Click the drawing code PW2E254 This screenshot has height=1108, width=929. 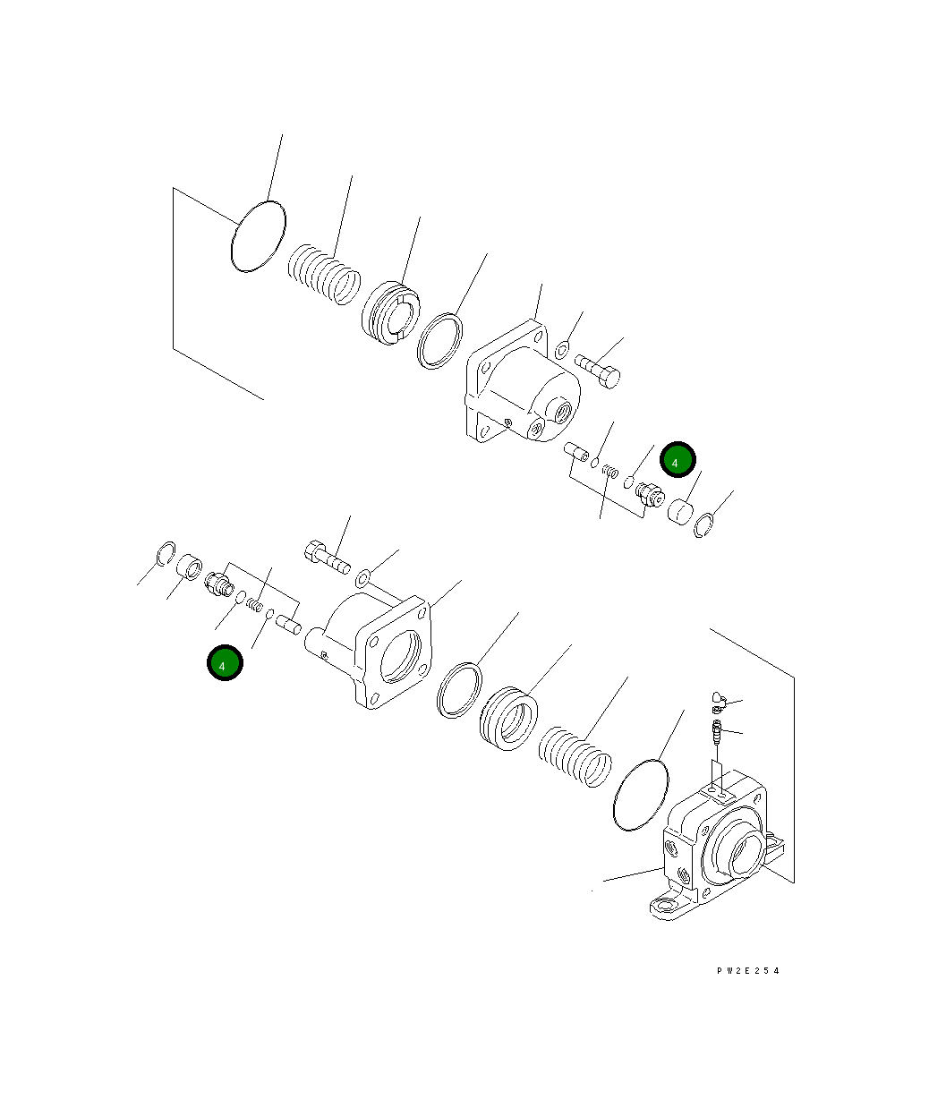pos(747,970)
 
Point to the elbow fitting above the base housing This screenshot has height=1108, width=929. pos(719,698)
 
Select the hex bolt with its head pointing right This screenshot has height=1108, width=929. pos(598,371)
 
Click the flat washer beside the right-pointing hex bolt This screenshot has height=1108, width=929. pos(561,349)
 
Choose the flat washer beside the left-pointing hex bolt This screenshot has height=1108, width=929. pos(362,577)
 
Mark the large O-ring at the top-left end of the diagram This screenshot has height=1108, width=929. pos(258,234)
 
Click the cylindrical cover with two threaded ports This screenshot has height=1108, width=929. pos(519,389)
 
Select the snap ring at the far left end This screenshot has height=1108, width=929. pos(165,554)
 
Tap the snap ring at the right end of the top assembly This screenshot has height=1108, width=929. pos(703,526)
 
